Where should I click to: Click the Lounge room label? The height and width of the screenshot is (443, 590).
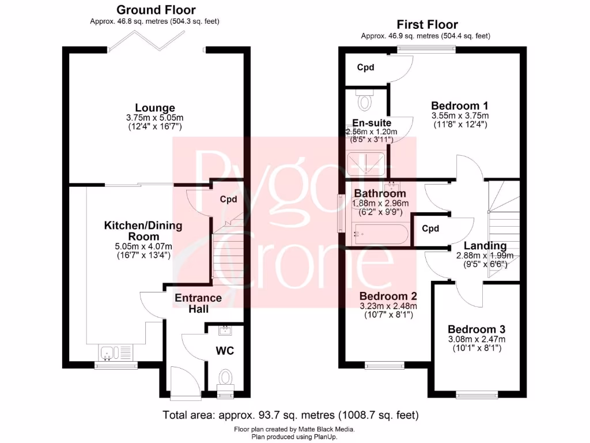155,108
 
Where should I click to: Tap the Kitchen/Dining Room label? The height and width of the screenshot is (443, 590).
143,231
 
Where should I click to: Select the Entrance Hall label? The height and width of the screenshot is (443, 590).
198,303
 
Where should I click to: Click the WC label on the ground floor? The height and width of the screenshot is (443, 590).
225,350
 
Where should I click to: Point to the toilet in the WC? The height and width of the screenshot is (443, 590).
225,378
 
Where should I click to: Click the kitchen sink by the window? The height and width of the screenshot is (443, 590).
108,351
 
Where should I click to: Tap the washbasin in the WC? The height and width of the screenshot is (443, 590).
225,331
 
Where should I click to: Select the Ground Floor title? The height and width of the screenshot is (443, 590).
156,10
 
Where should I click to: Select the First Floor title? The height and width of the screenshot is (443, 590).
427,24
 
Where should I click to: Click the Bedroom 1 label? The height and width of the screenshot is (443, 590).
460,106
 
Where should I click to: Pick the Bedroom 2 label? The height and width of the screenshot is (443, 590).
388,296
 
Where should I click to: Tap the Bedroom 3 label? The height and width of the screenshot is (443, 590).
476,329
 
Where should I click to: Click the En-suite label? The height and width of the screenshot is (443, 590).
372,123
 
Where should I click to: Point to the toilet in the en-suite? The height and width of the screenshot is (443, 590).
365,101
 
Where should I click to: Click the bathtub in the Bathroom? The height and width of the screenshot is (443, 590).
381,234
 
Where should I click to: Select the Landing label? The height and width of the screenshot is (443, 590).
485,246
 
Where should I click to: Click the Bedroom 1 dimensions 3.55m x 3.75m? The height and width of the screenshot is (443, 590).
460,115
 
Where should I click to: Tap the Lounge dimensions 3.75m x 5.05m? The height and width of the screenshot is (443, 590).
155,118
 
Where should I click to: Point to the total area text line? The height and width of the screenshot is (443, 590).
290,415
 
